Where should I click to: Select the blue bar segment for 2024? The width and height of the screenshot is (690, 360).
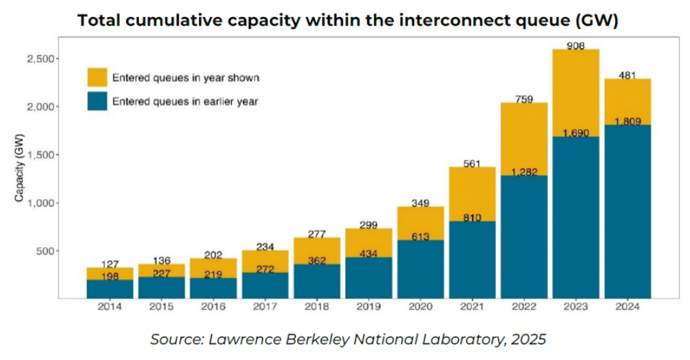628,214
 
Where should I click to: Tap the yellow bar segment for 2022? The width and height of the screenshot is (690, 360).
524,139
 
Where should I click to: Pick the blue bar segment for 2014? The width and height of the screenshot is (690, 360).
110,289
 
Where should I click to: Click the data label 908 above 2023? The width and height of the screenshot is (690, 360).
576,46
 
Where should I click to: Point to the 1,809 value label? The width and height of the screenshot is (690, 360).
628,122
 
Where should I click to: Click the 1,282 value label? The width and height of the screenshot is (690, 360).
524,172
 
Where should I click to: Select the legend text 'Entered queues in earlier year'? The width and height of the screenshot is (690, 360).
185,101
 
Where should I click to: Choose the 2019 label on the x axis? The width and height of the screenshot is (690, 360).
369,307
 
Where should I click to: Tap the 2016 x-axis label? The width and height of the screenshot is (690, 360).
213,307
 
